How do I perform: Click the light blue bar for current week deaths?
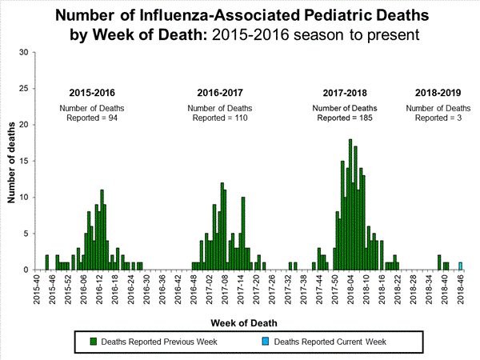[460, 266]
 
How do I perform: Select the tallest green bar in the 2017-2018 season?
[350, 205]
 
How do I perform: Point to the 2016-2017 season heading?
[219, 92]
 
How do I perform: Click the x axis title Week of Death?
[246, 323]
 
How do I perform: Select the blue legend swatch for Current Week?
[266, 342]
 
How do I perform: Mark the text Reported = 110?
[218, 118]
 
